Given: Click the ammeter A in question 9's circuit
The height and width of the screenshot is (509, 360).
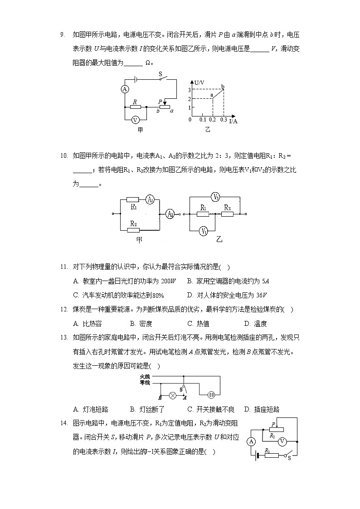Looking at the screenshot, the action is [125, 89].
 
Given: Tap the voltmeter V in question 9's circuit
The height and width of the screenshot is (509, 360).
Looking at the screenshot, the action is [135, 120].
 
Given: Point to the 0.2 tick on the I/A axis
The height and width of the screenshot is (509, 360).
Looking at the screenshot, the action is [213, 119].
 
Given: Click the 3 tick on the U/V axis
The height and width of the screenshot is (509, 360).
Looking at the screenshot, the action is [190, 90].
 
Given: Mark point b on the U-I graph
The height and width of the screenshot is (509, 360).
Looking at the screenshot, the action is [223, 87].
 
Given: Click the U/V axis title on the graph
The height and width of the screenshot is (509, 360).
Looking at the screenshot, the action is [198, 82].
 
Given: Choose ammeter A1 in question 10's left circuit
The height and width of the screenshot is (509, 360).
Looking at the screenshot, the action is [150, 199].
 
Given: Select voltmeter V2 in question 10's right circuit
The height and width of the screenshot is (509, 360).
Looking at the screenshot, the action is [216, 197].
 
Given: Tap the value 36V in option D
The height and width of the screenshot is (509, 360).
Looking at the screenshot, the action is [259, 295].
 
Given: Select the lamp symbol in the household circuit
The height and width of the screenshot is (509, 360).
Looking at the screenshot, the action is [172, 395].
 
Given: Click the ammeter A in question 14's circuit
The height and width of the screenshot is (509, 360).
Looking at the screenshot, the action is [252, 441].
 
